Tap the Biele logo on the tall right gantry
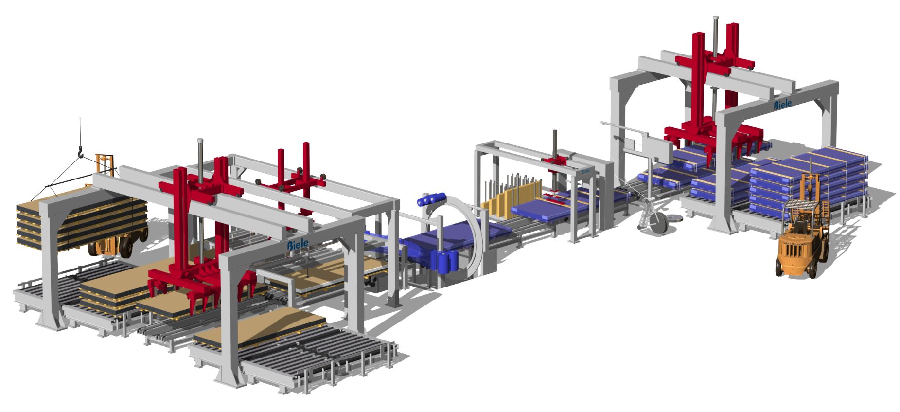pos(782,105)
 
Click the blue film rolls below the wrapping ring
pos(448,261)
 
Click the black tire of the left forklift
pos(126,247)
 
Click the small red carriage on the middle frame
pos(554,161)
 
